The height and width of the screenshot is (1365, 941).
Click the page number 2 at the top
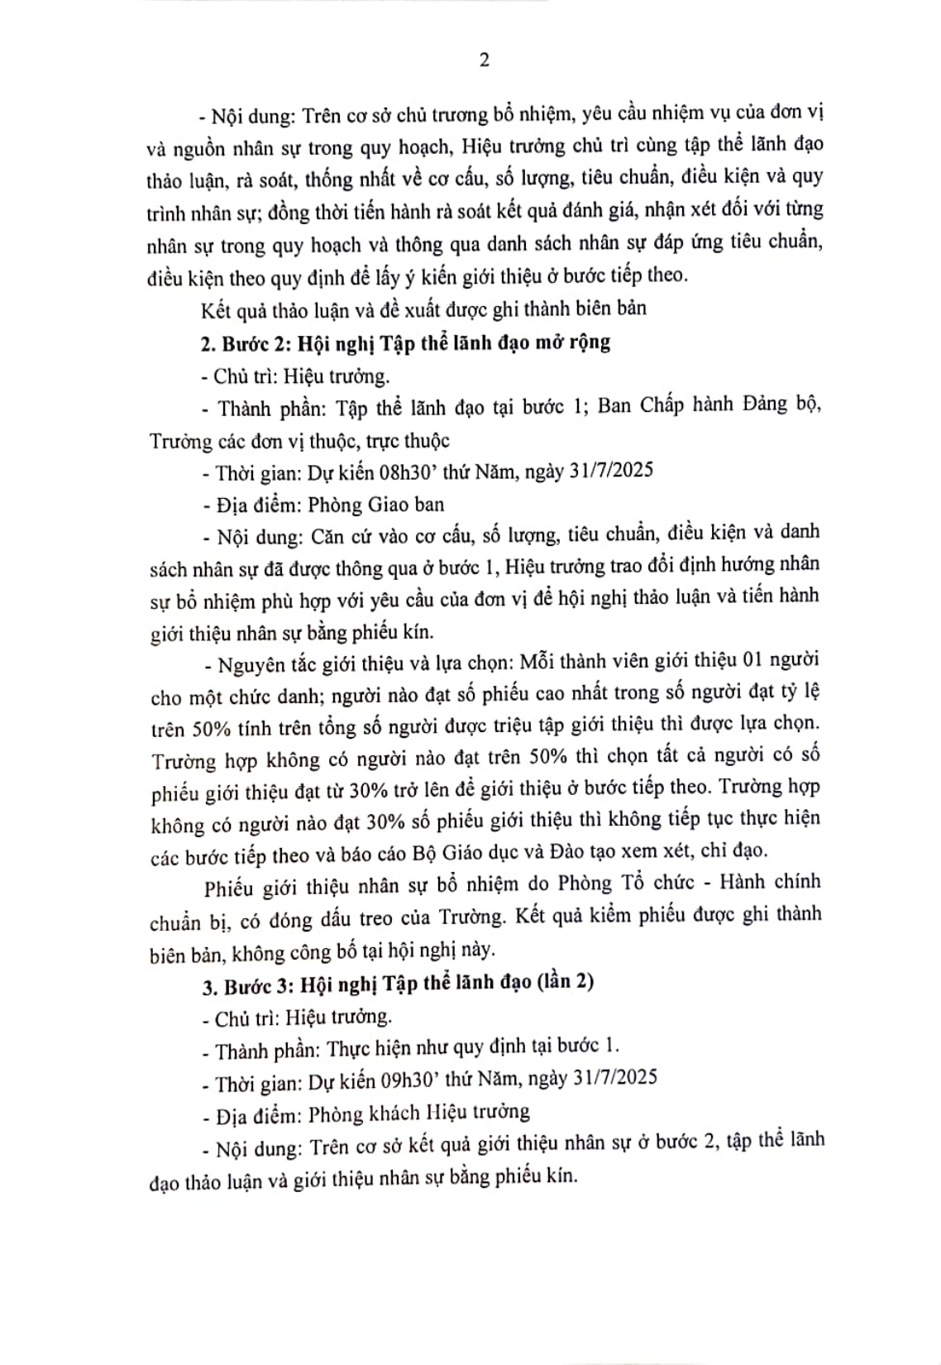pos(484,60)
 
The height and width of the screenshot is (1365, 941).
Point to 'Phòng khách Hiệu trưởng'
pos(418,1113)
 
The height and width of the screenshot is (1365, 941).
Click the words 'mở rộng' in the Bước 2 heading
pos(573,342)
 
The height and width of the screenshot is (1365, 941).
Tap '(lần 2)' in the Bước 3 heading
pos(566,981)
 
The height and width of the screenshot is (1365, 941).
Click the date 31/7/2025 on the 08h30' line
pos(610,471)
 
